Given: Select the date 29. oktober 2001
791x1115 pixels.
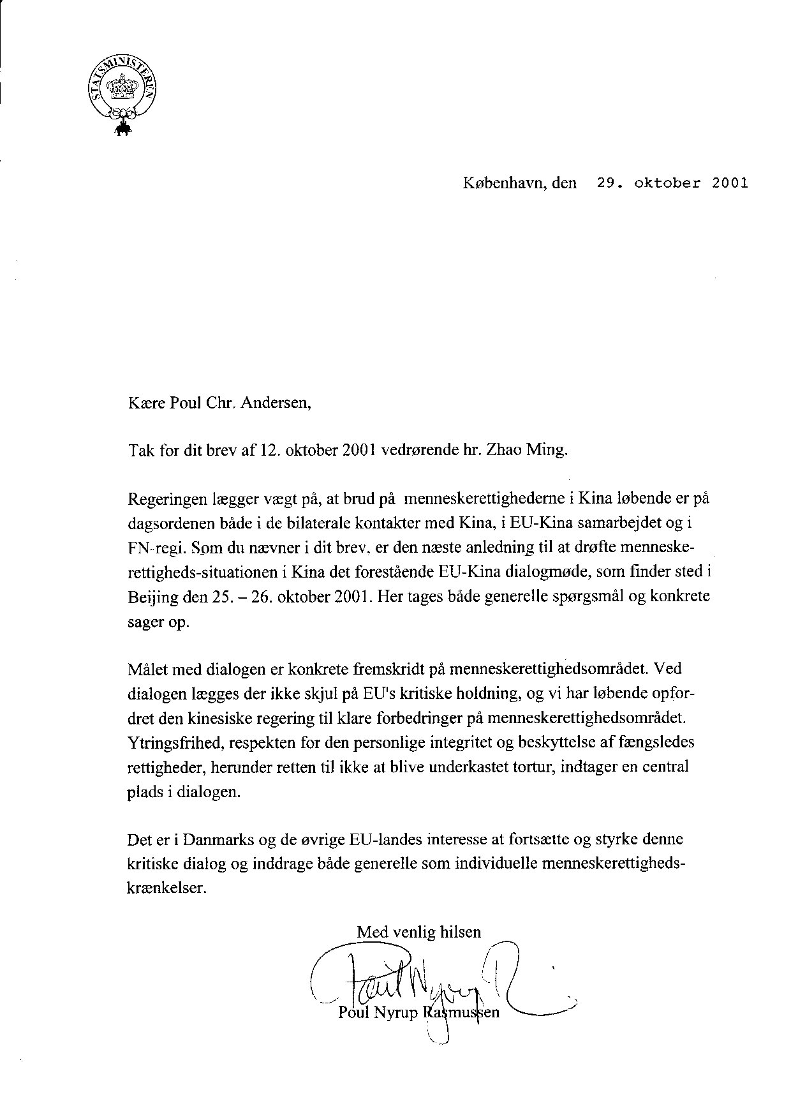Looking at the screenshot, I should [x=672, y=183].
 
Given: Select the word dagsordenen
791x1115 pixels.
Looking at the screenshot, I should [x=166, y=523].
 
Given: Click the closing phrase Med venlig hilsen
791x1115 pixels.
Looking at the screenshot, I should [x=418, y=932].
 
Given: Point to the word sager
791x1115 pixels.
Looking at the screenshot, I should [x=145, y=622].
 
